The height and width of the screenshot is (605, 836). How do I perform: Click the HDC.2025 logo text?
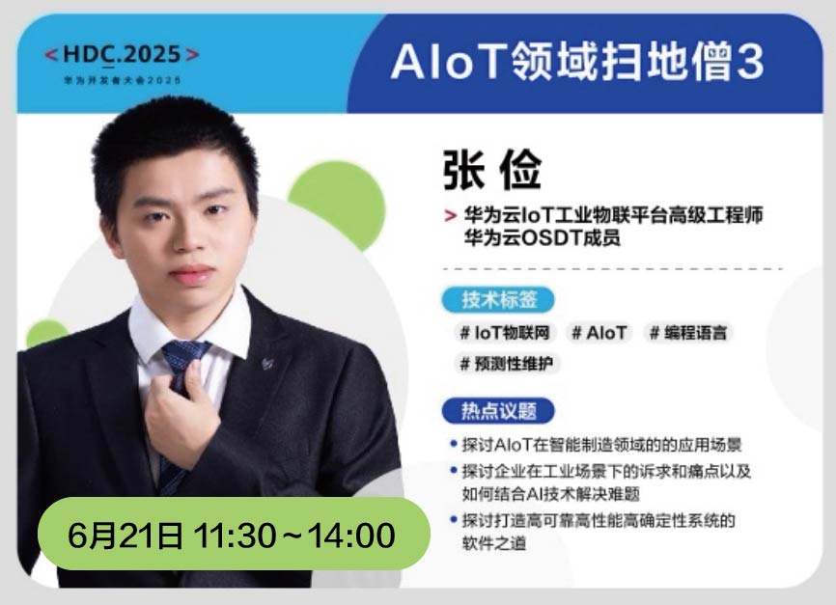[x=122, y=55]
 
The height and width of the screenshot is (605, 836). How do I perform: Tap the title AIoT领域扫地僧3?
[x=577, y=62]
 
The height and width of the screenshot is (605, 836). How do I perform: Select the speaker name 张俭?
[x=492, y=170]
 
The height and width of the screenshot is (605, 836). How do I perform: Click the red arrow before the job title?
[x=451, y=215]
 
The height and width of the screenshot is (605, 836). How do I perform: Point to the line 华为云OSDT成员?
[x=542, y=237]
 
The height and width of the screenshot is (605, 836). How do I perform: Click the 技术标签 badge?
[x=498, y=299]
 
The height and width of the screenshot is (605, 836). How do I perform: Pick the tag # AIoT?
[x=599, y=333]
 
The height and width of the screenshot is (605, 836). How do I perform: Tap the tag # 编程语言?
[x=688, y=333]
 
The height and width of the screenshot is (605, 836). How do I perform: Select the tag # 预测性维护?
[x=507, y=364]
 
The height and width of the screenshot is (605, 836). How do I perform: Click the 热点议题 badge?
[x=498, y=411]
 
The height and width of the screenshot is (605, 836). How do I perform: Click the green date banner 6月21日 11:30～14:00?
[x=234, y=535]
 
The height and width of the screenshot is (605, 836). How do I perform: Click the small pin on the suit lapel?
[x=267, y=364]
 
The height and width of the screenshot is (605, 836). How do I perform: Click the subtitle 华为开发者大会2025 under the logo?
[x=122, y=80]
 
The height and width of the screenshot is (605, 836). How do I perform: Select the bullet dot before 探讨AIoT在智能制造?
[x=454, y=443]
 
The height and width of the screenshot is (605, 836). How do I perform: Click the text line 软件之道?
[x=494, y=543]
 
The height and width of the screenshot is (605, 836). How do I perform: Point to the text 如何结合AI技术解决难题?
[x=551, y=494]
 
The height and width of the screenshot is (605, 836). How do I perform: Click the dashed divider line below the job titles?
[x=613, y=269]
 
